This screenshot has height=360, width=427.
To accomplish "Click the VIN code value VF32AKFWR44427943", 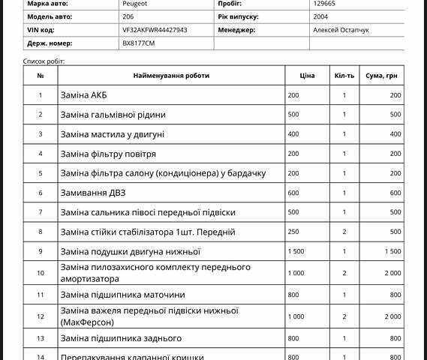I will click(x=155, y=30).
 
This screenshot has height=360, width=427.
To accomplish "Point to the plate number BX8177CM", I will click(x=139, y=43).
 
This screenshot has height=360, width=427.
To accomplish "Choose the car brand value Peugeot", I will click(x=134, y=4).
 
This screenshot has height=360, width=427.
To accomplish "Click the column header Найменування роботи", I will click(x=171, y=76).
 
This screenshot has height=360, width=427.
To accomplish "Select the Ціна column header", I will click(x=307, y=76).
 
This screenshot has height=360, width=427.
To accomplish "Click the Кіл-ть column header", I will click(x=344, y=76).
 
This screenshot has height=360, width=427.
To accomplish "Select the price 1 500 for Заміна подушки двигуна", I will click(x=296, y=251).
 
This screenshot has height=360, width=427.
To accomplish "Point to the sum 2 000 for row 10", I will click(x=392, y=273).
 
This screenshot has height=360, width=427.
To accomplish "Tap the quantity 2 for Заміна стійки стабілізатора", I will click(x=344, y=232).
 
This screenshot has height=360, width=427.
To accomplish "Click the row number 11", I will click(x=41, y=295).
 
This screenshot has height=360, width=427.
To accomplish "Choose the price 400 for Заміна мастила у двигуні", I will click(x=293, y=134).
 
